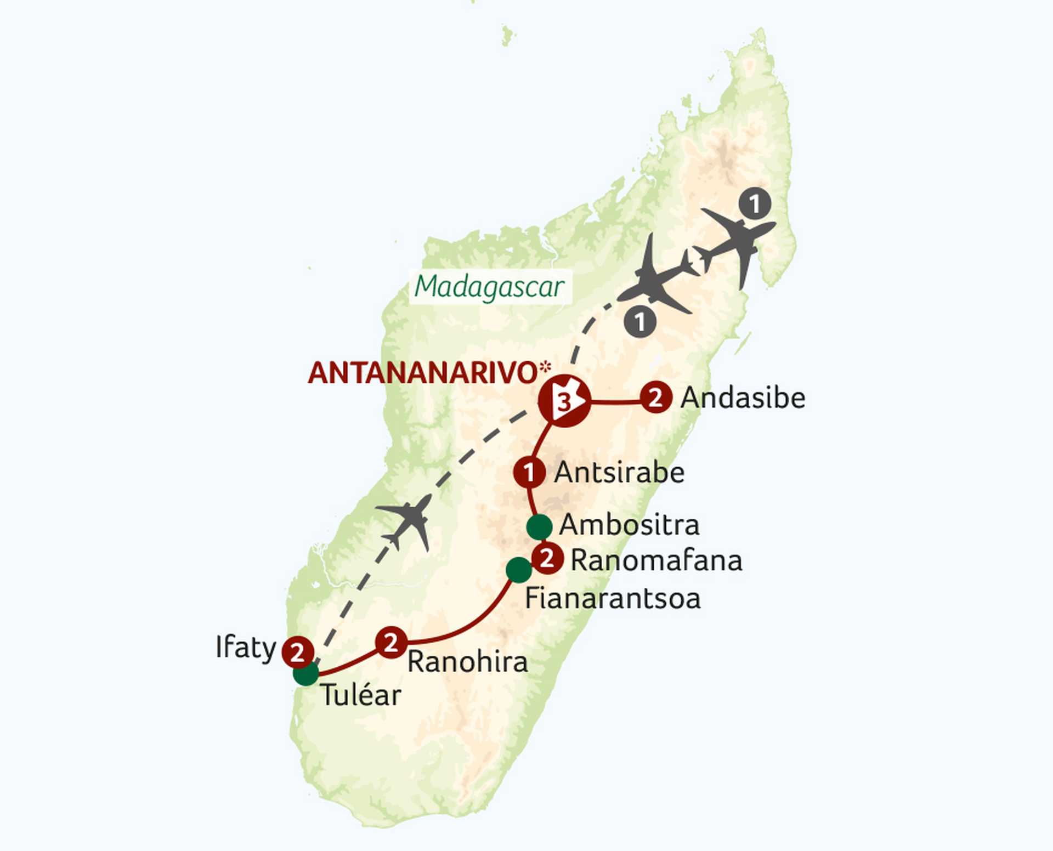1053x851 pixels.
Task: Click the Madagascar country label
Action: click(490, 287)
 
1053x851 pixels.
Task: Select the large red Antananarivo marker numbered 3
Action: click(564, 401)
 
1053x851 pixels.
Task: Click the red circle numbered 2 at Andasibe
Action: click(656, 398)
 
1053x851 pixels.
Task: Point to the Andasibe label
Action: click(743, 398)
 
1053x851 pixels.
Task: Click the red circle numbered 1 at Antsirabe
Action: click(529, 472)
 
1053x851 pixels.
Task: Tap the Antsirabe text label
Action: click(619, 473)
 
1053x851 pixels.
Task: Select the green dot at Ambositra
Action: click(539, 527)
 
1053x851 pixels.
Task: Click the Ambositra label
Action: click(629, 525)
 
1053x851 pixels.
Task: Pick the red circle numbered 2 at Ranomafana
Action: click(547, 559)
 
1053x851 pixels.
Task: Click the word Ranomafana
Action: click(656, 560)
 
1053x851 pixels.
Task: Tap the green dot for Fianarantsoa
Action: click(518, 570)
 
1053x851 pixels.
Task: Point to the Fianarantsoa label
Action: click(613, 598)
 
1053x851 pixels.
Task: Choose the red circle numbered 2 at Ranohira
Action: click(391, 642)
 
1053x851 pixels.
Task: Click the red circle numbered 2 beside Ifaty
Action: click(297, 653)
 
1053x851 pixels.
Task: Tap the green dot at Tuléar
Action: click(305, 673)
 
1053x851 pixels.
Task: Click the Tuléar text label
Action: click(361, 695)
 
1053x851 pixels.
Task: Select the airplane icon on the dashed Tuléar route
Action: click(406, 521)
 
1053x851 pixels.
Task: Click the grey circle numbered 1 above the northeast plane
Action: click(755, 203)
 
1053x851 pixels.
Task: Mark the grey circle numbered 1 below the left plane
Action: click(640, 321)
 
